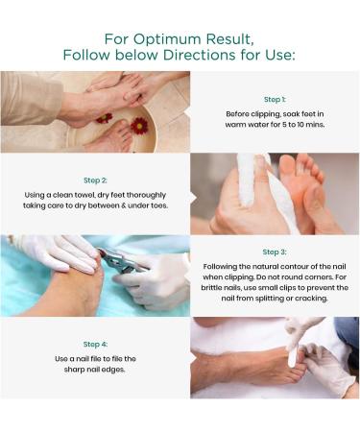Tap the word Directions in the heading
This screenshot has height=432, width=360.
tap(199, 55)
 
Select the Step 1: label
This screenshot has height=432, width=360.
tap(275, 100)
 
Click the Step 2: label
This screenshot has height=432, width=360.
tap(95, 180)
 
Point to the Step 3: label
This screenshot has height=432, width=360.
tap(275, 252)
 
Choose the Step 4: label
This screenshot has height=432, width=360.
tap(95, 345)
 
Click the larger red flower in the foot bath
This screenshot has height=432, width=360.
tap(139, 125)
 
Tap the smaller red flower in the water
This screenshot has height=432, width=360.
tap(105, 118)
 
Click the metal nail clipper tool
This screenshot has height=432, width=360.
tap(123, 261)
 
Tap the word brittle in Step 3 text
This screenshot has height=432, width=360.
tap(210, 288)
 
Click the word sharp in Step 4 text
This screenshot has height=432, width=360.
tap(73, 370)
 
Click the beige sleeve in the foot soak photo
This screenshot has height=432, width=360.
tap(31, 98)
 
